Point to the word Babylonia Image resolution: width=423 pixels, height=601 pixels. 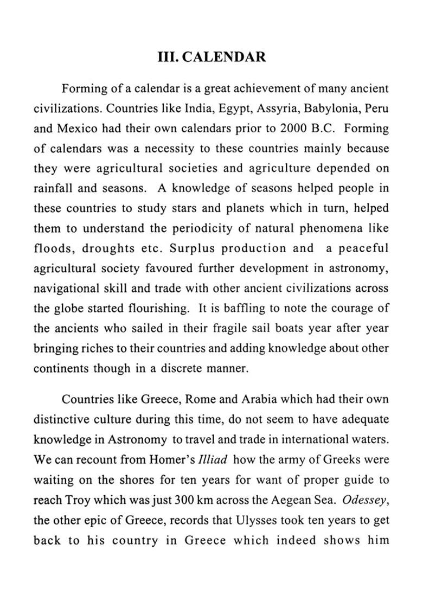(322, 107)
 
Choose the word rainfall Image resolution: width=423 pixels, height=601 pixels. (55, 189)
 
